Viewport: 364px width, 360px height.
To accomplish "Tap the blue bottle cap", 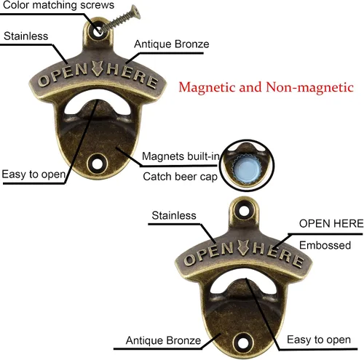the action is pyautogui.click(x=246, y=168).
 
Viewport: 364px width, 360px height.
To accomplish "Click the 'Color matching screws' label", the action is pyautogui.click(x=58, y=5).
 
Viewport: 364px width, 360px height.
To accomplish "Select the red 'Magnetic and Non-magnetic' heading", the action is pyautogui.click(x=266, y=87).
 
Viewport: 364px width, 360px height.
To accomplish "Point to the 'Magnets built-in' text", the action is pyautogui.click(x=181, y=156).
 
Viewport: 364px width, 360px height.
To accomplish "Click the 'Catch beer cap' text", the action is pyautogui.click(x=180, y=177).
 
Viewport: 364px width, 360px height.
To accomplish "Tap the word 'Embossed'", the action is pyautogui.click(x=325, y=245).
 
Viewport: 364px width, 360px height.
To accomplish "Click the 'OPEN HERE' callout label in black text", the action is pyautogui.click(x=331, y=223).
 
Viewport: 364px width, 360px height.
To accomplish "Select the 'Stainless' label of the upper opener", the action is pyautogui.click(x=26, y=36).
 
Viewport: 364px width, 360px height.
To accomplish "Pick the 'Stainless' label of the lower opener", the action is pyautogui.click(x=174, y=215).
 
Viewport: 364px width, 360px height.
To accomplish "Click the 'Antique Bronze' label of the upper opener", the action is pyautogui.click(x=172, y=44).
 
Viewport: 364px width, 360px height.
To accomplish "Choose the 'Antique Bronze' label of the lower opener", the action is pyautogui.click(x=163, y=340).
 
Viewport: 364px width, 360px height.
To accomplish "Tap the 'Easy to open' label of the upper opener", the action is pyautogui.click(x=33, y=175).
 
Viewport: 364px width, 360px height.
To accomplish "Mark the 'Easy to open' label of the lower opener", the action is pyautogui.click(x=319, y=340).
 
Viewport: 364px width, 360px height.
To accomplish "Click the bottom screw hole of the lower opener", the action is pyautogui.click(x=242, y=343).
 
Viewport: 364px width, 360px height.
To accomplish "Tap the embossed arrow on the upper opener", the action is pyautogui.click(x=98, y=68).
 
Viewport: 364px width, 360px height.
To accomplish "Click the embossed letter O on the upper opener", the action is pyautogui.click(x=44, y=81).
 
